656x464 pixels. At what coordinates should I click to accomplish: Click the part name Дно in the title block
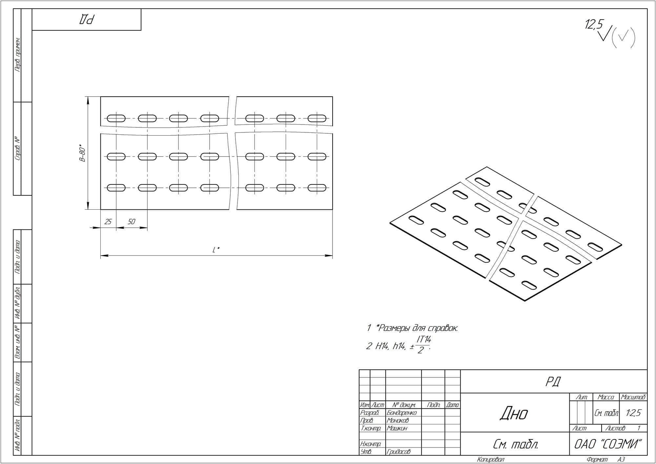514,414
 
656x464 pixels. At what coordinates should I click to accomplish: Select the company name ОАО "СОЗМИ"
607,444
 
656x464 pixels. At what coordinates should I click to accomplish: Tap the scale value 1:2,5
633,413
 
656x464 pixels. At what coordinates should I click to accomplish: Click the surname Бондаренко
402,413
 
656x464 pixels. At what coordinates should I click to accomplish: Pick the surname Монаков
398,420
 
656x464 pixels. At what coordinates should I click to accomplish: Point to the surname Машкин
397,428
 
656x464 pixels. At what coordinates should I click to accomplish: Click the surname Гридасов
399,452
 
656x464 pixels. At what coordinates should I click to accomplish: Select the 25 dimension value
108,222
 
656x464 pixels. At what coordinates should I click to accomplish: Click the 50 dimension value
131,222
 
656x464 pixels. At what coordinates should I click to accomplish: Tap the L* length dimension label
216,250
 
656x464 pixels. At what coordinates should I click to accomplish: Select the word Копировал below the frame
491,460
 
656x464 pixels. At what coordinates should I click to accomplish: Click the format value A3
621,460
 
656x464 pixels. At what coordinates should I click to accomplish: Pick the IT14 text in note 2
423,340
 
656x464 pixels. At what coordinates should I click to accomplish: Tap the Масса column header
606,397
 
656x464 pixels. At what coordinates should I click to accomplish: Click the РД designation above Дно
553,381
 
